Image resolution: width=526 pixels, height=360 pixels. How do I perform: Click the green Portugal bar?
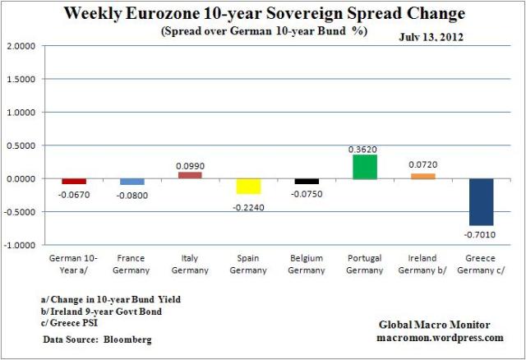365,167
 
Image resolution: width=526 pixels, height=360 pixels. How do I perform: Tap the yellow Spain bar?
248,186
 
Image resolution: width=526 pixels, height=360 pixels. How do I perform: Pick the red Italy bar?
190,175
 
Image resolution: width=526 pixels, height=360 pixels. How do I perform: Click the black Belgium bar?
307,181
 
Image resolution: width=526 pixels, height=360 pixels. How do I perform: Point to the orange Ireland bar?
423,176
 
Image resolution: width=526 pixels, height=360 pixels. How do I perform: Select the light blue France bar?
131,181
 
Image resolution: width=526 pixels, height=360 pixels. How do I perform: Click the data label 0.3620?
365,148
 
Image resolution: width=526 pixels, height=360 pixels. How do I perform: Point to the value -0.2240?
248,201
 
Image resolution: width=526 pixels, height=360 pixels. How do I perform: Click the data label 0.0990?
190,165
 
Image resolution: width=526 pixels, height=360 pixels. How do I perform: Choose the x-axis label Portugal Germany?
365,265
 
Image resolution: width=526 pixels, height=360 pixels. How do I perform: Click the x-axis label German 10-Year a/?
73,265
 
